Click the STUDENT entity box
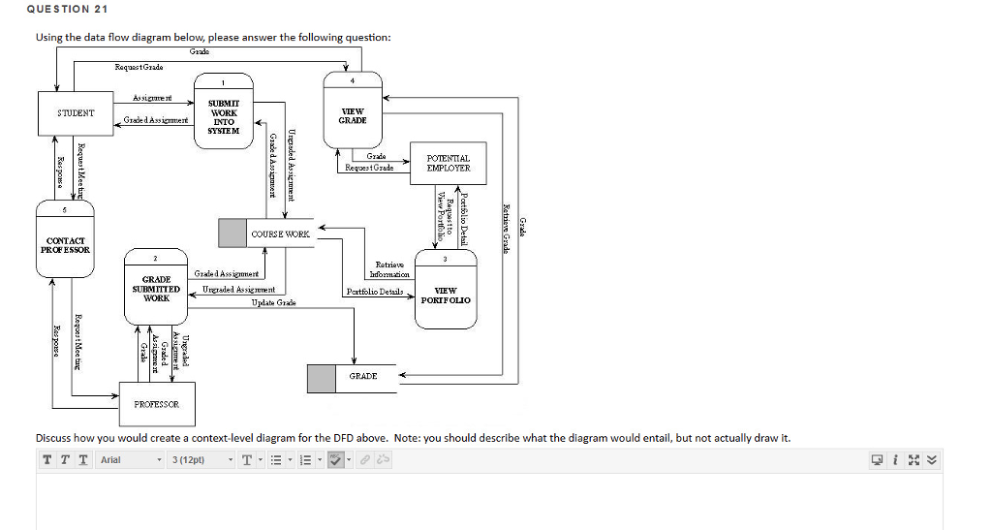point(75,113)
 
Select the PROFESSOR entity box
point(156,402)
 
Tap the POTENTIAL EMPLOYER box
point(448,163)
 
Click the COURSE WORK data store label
point(280,234)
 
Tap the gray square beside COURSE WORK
point(232,233)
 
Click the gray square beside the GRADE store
point(321,378)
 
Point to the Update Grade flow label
point(273,303)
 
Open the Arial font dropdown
point(130,459)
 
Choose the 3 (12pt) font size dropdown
point(201,459)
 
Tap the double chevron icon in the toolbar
point(933,459)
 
